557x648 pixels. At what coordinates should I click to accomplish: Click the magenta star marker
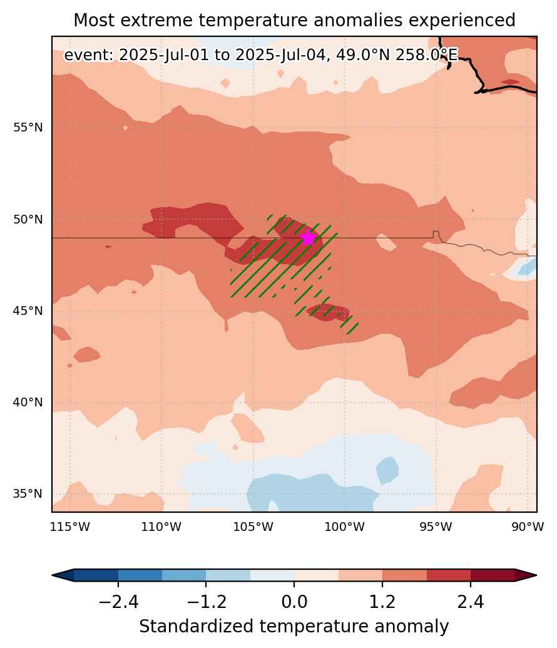(309, 238)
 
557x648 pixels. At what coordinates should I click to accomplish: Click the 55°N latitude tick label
(28, 127)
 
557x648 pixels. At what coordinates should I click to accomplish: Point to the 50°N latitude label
(28, 219)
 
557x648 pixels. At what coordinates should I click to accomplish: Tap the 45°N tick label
(28, 311)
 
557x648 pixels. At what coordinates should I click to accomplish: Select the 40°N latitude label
(28, 402)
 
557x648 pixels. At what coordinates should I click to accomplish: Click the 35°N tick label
(28, 494)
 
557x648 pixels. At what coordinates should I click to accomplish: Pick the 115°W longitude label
(70, 527)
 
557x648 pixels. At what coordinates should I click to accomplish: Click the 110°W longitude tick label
(161, 527)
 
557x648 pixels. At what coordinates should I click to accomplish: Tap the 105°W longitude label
(253, 527)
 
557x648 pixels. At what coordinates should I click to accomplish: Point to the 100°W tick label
(345, 527)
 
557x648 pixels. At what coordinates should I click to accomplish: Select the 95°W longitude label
(436, 527)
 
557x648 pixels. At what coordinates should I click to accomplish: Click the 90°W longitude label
(528, 527)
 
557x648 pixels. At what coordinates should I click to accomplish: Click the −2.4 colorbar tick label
(118, 602)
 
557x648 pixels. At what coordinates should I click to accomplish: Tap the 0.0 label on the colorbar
(294, 602)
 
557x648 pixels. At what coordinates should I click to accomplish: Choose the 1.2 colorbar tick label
(382, 602)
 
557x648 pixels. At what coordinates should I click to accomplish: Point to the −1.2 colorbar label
(206, 602)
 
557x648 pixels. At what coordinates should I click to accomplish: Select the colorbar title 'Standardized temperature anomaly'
(294, 627)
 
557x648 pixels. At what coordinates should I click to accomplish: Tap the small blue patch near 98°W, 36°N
(387, 470)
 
